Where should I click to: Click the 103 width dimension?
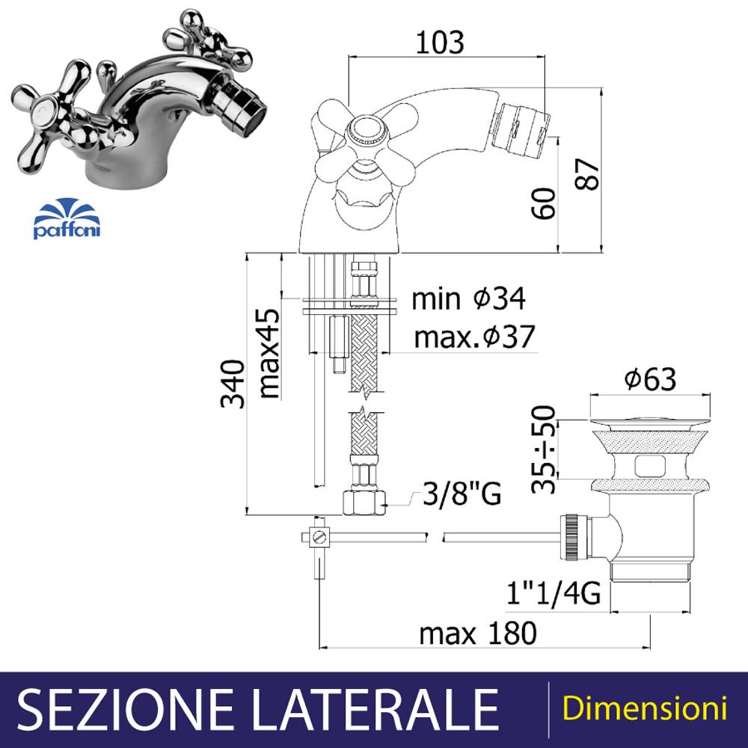pyautogui.click(x=439, y=42)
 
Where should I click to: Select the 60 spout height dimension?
pyautogui.click(x=544, y=203)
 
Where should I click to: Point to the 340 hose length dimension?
pyautogui.click(x=233, y=384)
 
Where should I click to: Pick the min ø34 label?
pyautogui.click(x=468, y=298)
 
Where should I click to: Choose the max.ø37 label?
pyautogui.click(x=475, y=336)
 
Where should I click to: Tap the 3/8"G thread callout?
pyautogui.click(x=462, y=493)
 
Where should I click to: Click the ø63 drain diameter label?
pyautogui.click(x=650, y=379)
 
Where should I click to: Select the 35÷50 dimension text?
pyautogui.click(x=545, y=449)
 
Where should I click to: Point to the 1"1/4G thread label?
pyautogui.click(x=554, y=593)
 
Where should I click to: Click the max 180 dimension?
pyautogui.click(x=478, y=633)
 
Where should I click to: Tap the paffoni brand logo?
pyautogui.click(x=67, y=218)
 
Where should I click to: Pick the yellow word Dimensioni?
pyautogui.click(x=645, y=708)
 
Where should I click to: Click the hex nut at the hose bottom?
pyautogui.click(x=364, y=503)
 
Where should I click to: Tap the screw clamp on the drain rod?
pyautogui.click(x=319, y=538)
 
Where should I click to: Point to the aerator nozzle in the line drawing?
pyautogui.click(x=521, y=128)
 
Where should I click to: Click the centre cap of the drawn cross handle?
pyautogui.click(x=365, y=129)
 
